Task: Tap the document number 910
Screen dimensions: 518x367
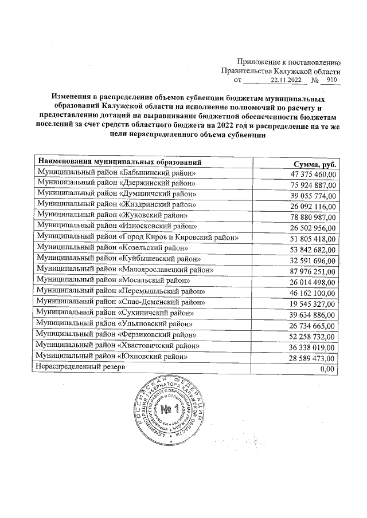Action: coord(331,81)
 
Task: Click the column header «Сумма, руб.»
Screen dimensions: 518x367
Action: coord(317,164)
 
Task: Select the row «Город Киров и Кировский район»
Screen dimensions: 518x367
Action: coord(137,237)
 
